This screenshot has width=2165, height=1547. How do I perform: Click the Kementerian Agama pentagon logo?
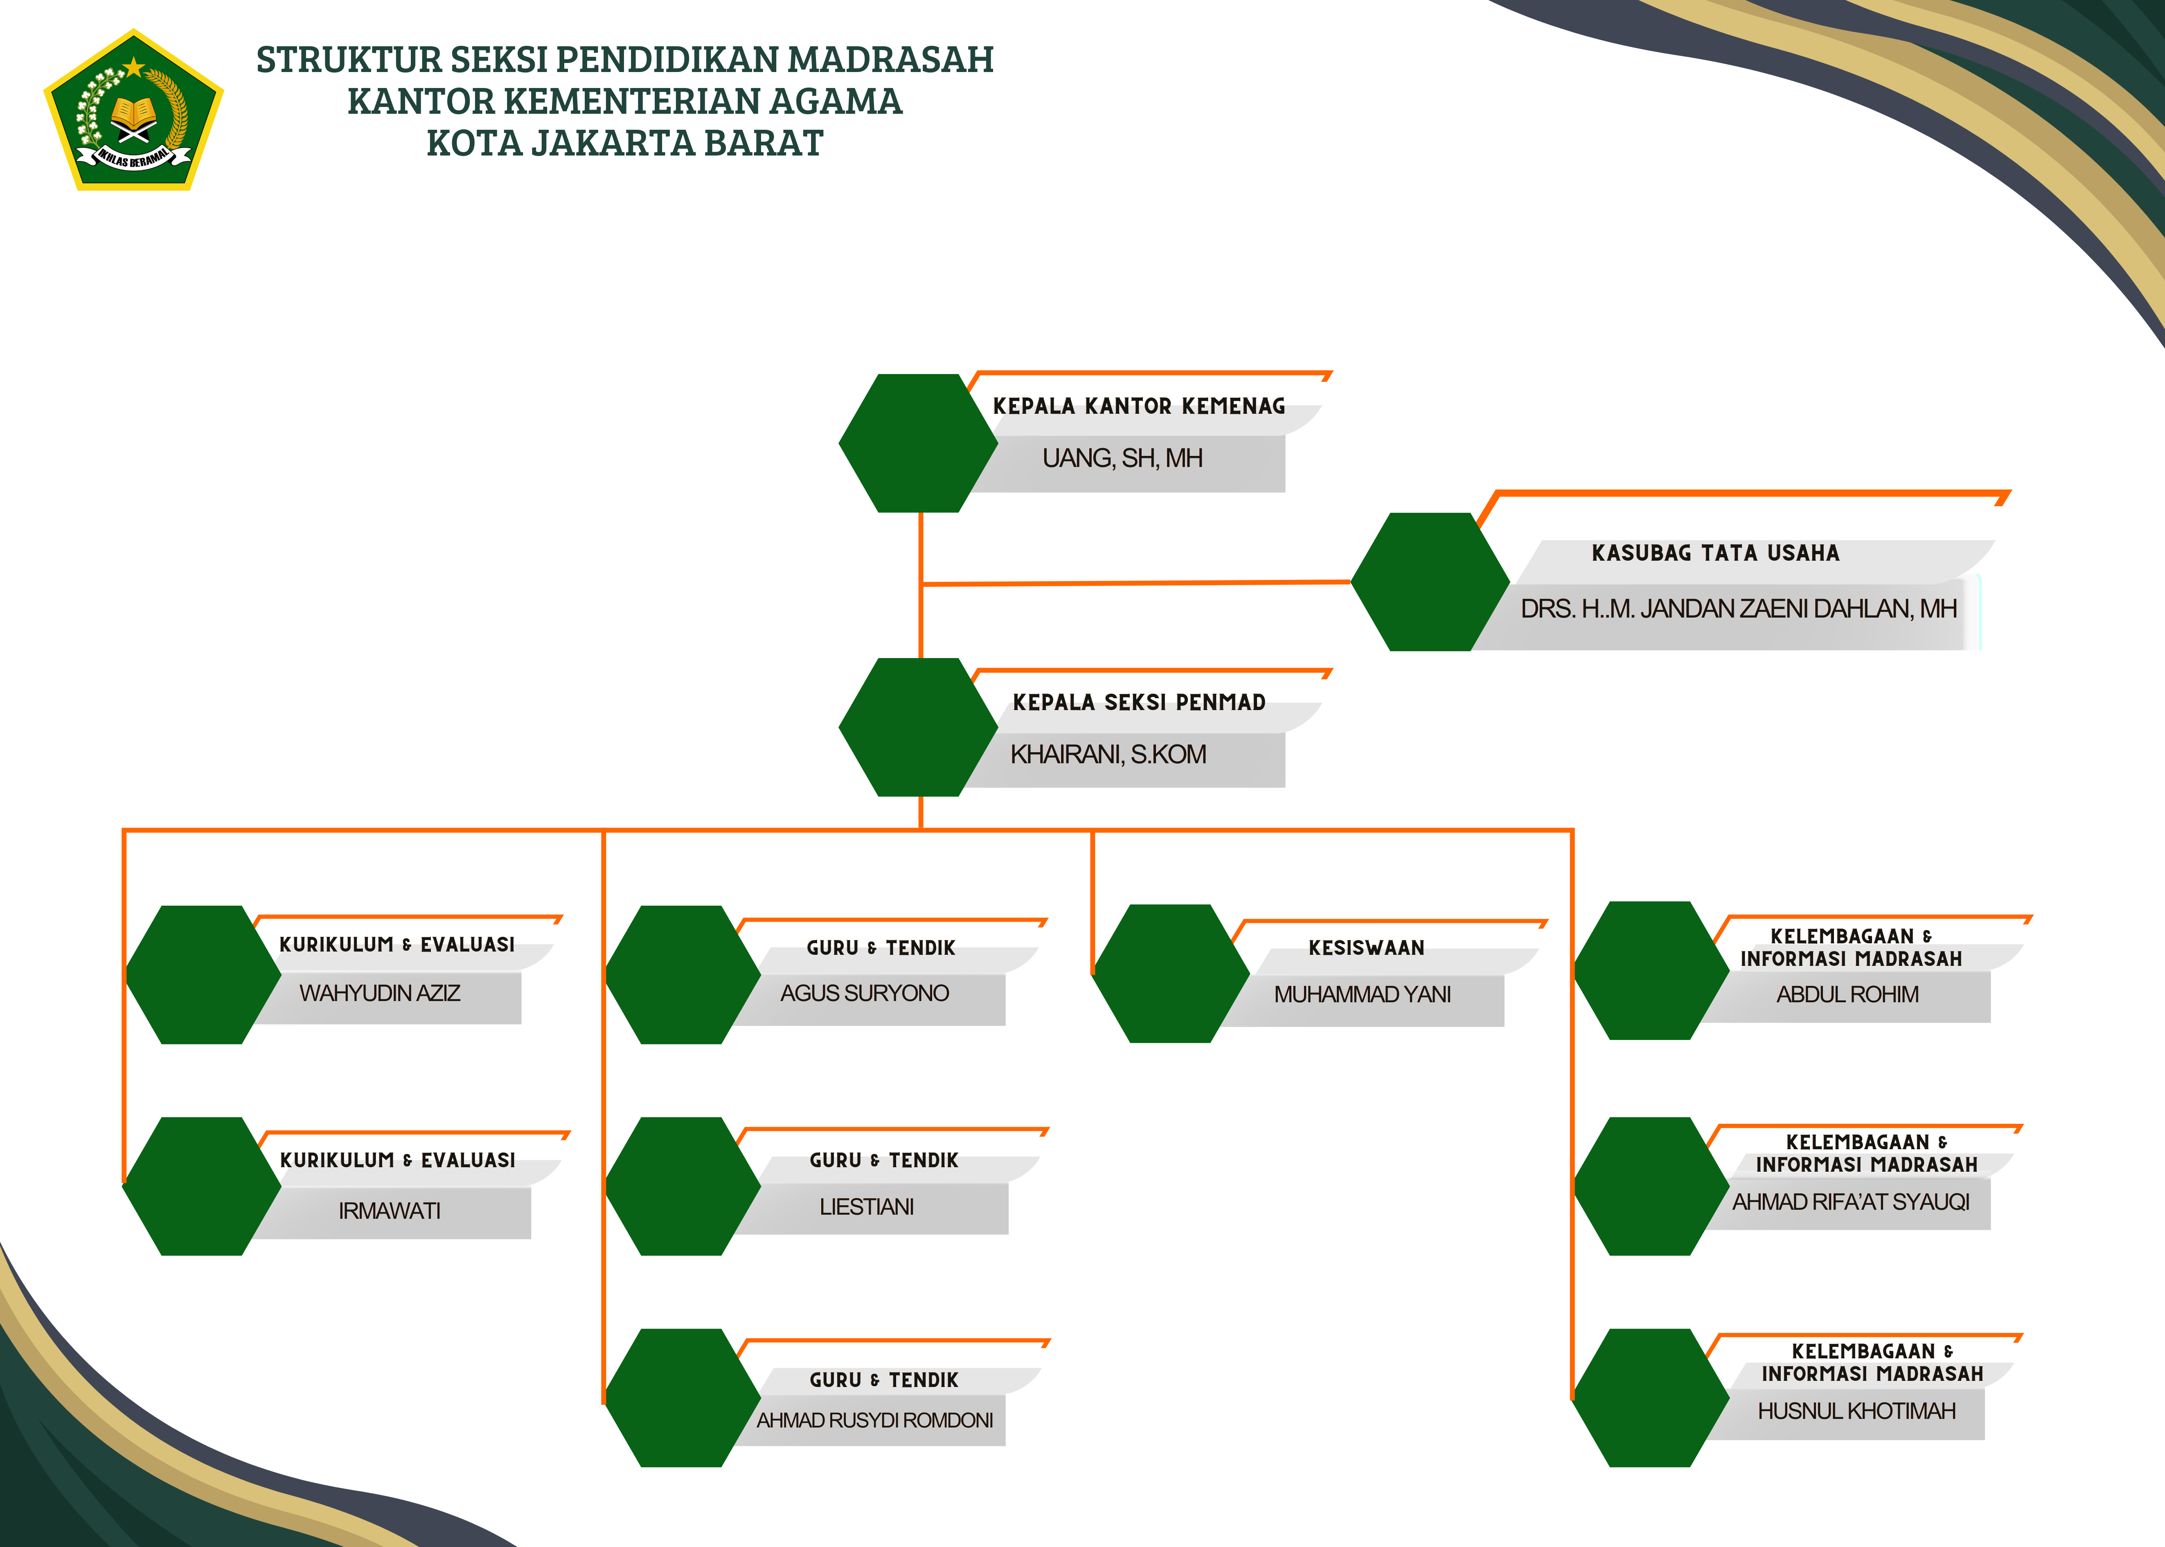coord(133,111)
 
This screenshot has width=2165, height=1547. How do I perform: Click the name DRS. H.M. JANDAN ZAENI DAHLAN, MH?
coord(1738,609)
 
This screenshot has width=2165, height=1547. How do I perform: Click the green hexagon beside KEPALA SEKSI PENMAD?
coord(917,727)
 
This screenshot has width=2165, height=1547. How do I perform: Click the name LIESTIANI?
coord(866,1207)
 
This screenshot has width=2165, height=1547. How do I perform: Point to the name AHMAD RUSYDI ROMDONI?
coord(874,1420)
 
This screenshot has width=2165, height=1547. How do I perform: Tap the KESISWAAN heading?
coord(1366,948)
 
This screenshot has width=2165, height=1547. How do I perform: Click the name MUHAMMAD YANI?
coord(1362,994)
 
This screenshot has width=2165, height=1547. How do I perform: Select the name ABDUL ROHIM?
coord(1847,994)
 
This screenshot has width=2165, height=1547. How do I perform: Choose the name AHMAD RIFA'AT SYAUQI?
coord(1850,1202)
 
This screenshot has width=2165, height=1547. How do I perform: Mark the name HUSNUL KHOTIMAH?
coord(1856,1411)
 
